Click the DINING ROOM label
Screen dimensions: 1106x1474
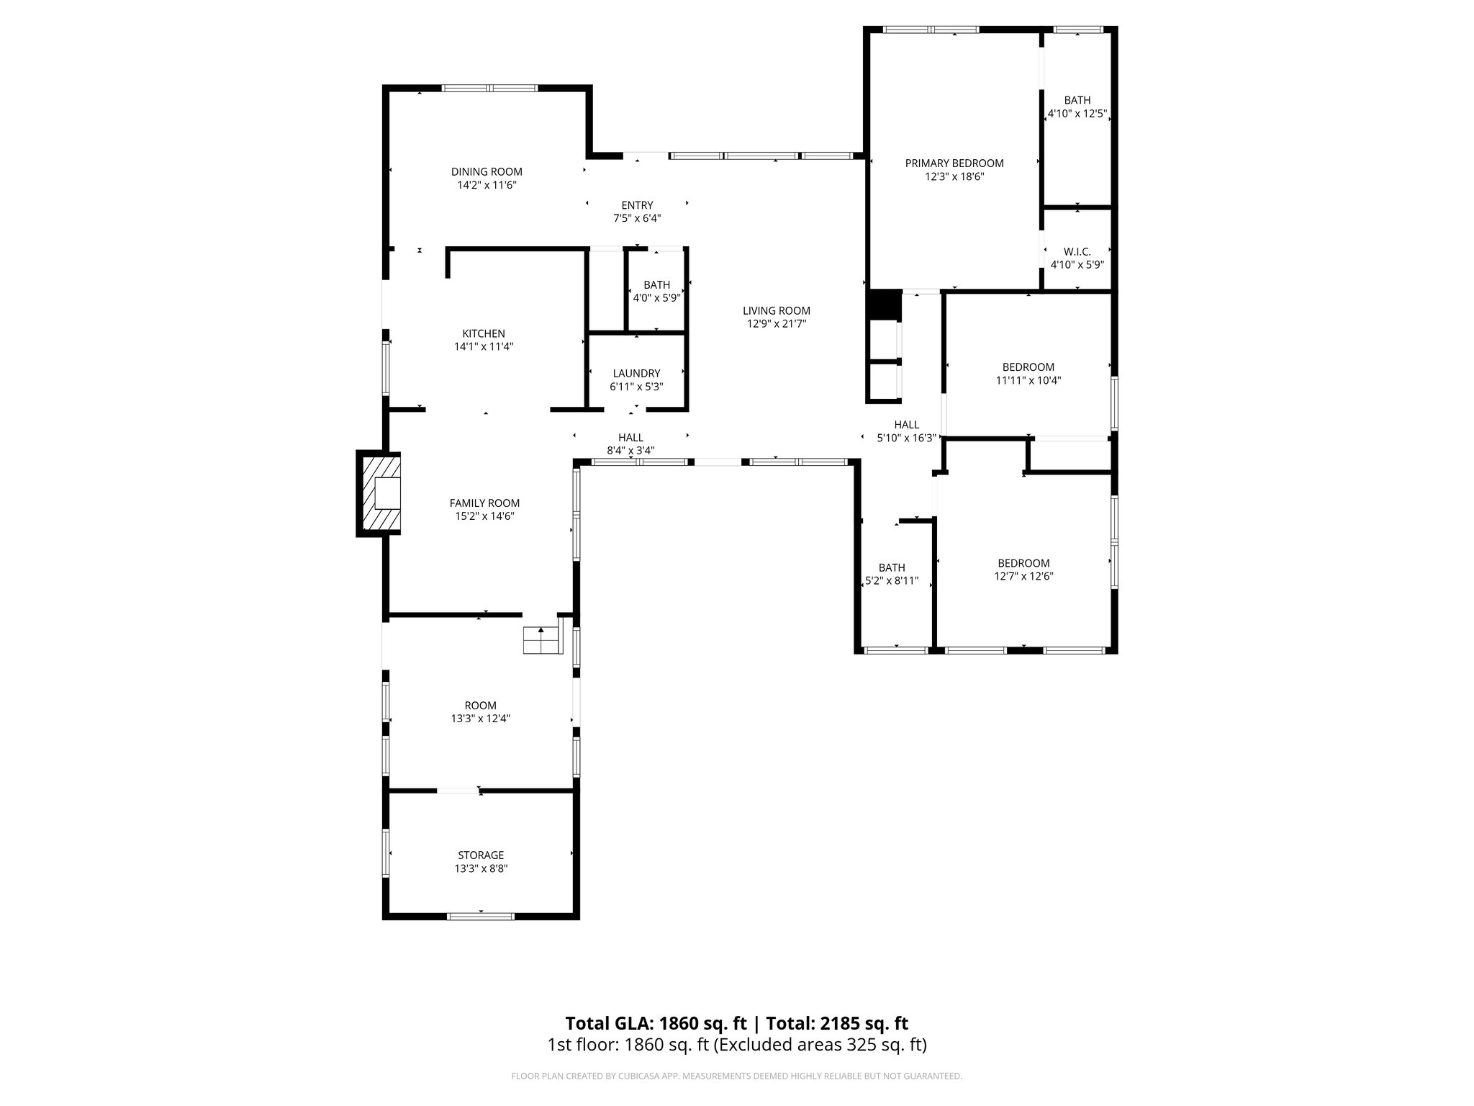(487, 171)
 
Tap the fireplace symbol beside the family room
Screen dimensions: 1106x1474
(379, 494)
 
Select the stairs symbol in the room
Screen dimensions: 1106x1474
(542, 639)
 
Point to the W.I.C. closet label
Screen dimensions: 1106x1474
(1077, 251)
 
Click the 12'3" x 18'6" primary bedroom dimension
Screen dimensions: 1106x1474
(954, 176)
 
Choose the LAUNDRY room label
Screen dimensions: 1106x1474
(636, 373)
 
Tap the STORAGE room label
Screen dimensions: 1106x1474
(481, 855)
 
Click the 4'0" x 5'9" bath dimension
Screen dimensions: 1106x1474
(656, 297)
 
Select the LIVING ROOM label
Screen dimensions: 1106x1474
(777, 310)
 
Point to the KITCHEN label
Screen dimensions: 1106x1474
(484, 333)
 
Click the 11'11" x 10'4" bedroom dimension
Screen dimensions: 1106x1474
(1028, 380)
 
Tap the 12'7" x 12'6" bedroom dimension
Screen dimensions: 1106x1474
(1023, 576)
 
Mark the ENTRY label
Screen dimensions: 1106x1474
(637, 205)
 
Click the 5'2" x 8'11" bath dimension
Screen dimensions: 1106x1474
(892, 580)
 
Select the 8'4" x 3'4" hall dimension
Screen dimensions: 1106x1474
(630, 451)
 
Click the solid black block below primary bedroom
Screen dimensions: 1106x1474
(884, 305)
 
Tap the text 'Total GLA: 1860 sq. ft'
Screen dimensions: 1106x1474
(656, 1023)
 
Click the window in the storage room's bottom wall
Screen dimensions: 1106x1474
(481, 916)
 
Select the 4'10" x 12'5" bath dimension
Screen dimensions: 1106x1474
(1077, 114)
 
